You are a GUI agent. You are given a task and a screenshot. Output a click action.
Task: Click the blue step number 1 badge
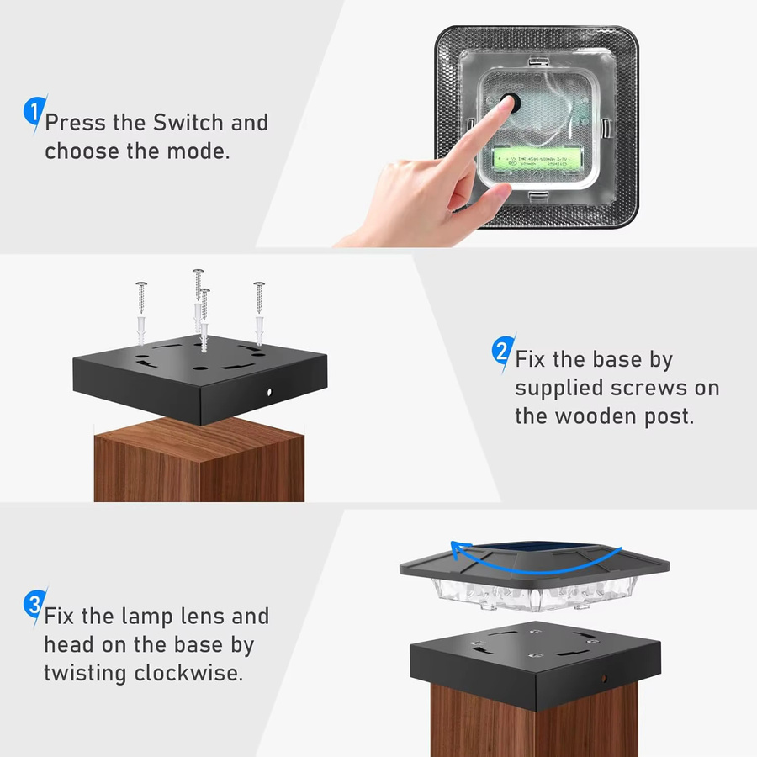[x=34, y=112]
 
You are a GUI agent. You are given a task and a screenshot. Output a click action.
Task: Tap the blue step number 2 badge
[x=503, y=351]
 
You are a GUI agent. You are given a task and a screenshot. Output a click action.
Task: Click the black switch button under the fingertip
[x=511, y=103]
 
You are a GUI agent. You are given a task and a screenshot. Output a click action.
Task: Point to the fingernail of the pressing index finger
[x=507, y=103]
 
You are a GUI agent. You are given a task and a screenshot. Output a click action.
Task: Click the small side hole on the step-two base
[x=269, y=393]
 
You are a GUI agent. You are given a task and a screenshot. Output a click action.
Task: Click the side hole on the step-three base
[x=604, y=679]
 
